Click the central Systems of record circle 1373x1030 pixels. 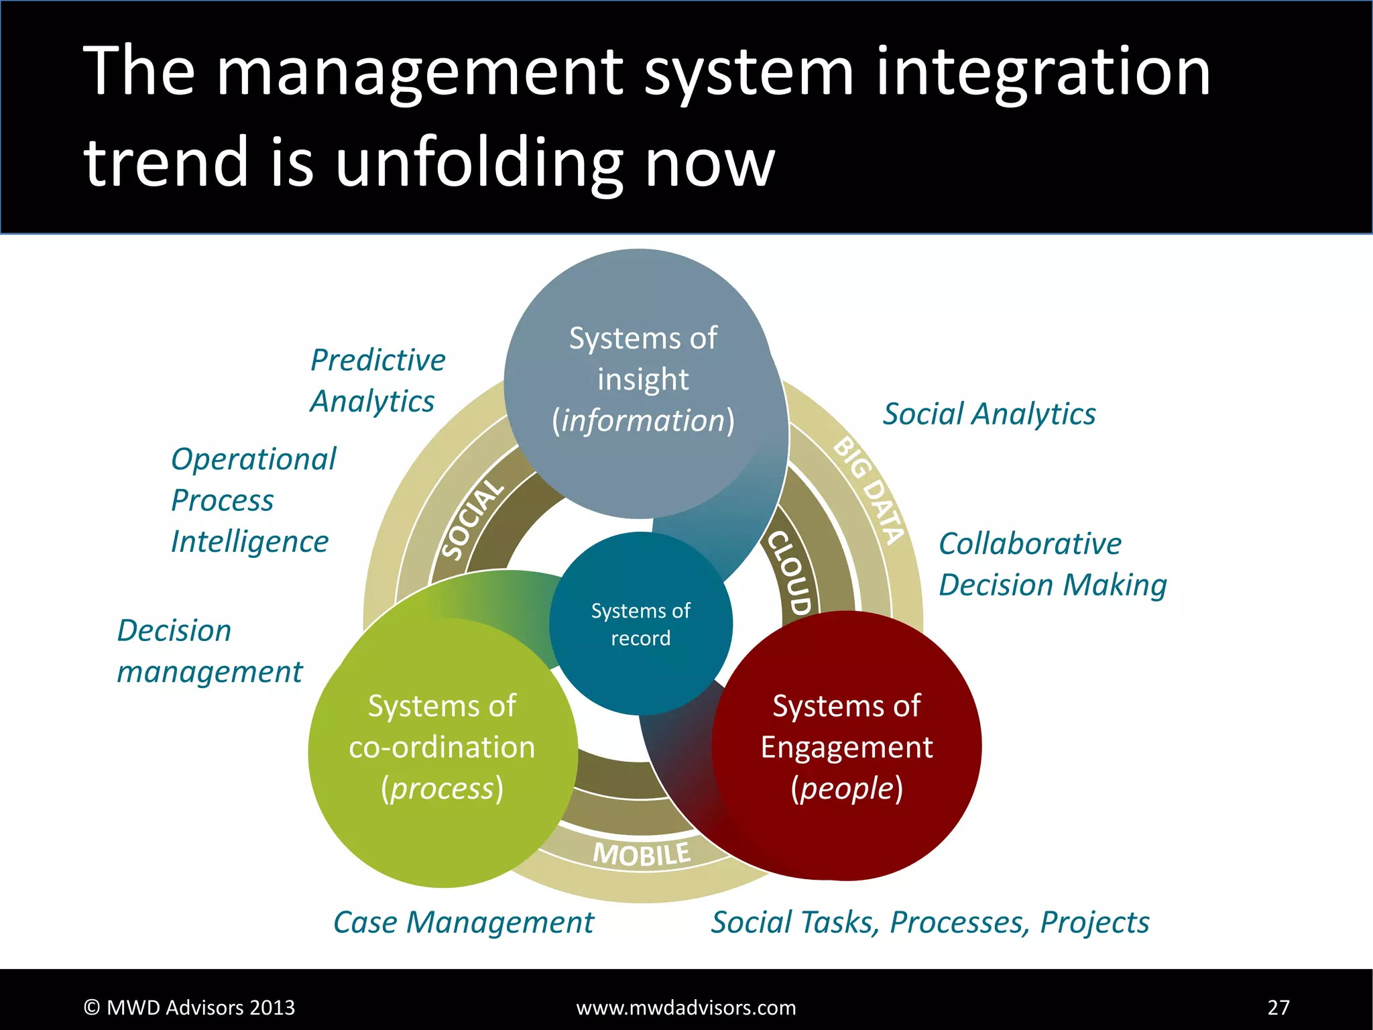[x=640, y=624]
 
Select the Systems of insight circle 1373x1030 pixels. [x=642, y=380]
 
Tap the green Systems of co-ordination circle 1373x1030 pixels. [x=442, y=748]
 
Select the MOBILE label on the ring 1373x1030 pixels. [x=642, y=854]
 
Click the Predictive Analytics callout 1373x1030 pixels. [x=377, y=380]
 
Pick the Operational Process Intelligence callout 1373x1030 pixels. [x=253, y=500]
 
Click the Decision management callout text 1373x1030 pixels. [x=209, y=651]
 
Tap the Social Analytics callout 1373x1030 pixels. [x=989, y=414]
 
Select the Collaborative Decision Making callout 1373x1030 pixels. [x=1053, y=564]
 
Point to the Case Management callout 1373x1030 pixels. [x=463, y=923]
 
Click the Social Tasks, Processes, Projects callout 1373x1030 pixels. [x=930, y=923]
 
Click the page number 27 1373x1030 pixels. [x=1278, y=1007]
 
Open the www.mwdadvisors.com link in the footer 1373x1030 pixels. [x=686, y=1007]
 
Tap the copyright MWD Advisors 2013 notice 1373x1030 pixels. [x=189, y=1007]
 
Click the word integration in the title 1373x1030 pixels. [x=1042, y=72]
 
